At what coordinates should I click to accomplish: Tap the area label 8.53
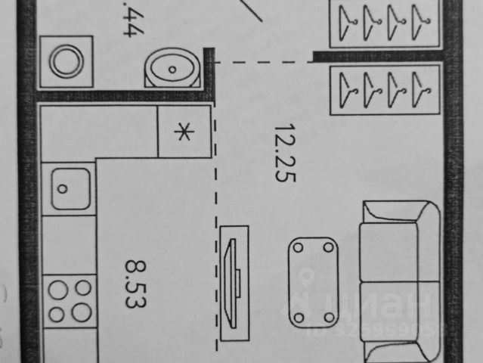[x=136, y=283]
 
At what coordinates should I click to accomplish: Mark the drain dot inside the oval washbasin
[x=173, y=70]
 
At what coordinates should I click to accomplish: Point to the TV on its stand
[x=234, y=280]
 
